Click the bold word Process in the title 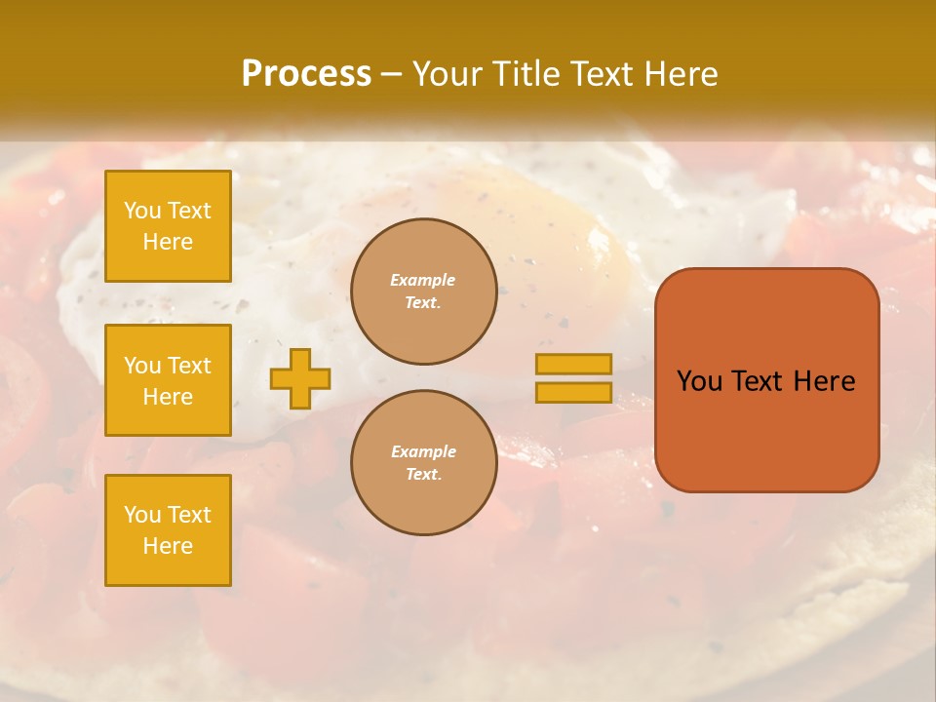click(306, 74)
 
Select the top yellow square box click(168, 226)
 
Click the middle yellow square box click(168, 380)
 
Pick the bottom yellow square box click(168, 530)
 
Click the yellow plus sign click(300, 378)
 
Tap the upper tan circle click(423, 292)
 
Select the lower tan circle click(423, 463)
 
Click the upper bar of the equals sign click(573, 364)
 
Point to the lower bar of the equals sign click(573, 393)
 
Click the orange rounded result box click(766, 429)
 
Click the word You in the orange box click(700, 381)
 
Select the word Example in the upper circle click(423, 281)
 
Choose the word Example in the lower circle click(423, 452)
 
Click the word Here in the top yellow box click(168, 242)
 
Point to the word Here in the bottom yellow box click(168, 546)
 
